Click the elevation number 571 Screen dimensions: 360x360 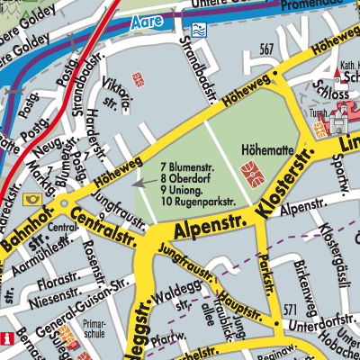pos(288,310)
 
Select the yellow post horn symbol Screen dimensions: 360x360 pos(34,199)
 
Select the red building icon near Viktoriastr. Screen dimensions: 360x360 pos(138,78)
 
